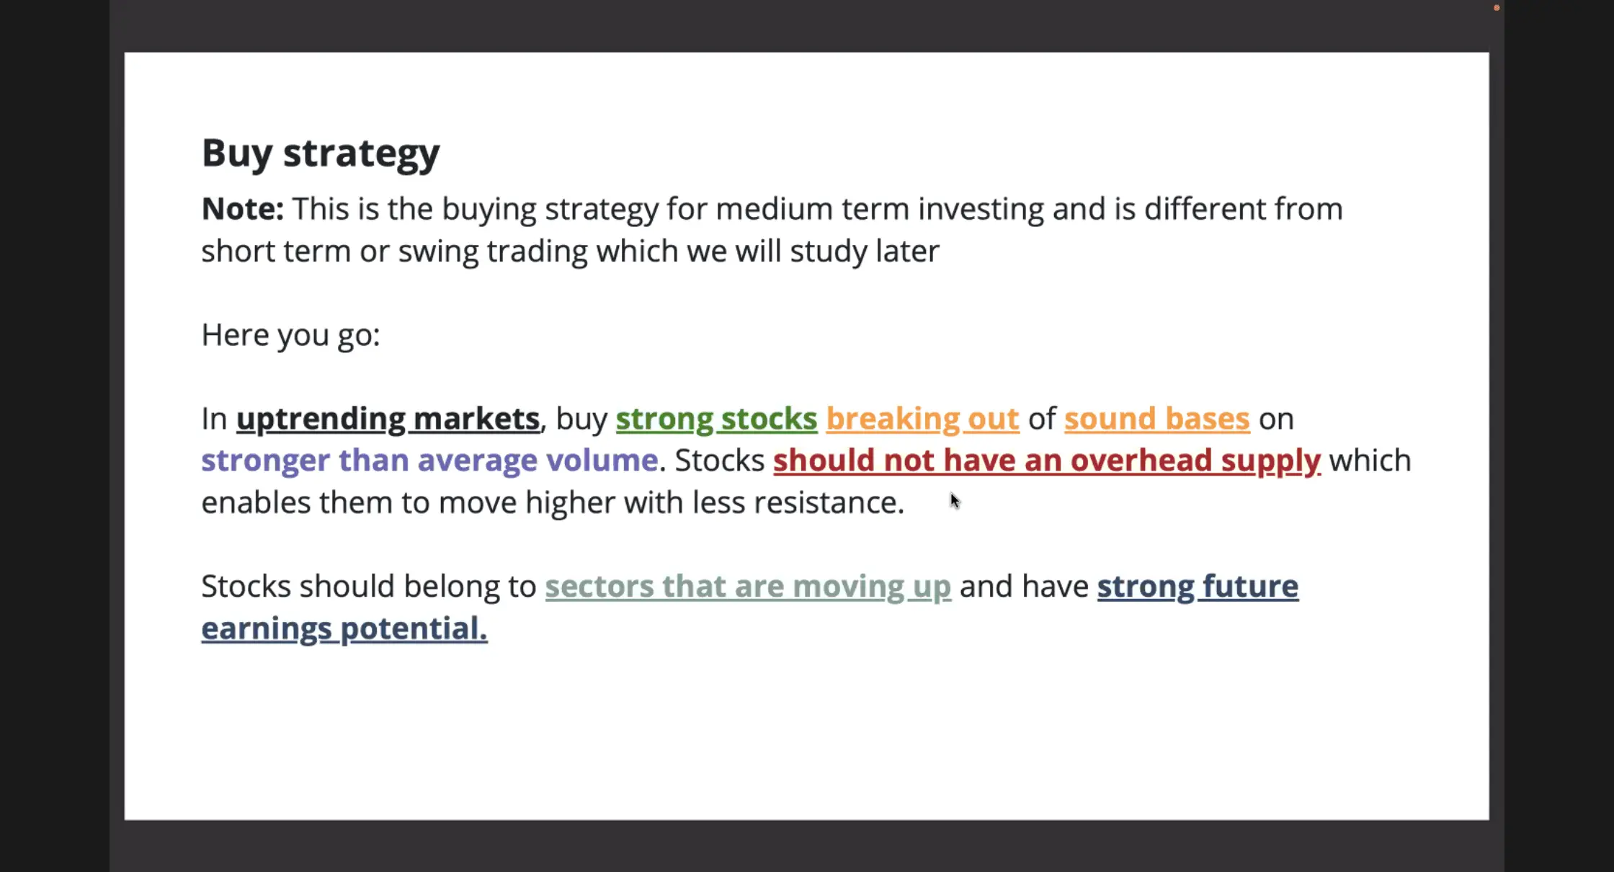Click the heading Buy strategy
click(x=321, y=154)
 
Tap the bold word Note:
click(x=243, y=209)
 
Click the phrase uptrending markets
click(x=388, y=419)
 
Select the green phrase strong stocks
click(x=717, y=419)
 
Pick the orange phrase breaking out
click(x=923, y=419)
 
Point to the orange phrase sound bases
click(x=1157, y=419)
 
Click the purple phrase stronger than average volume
click(x=429, y=461)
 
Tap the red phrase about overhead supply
click(x=1047, y=461)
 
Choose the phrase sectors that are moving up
click(x=748, y=587)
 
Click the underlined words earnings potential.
click(x=344, y=629)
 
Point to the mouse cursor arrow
click(x=955, y=501)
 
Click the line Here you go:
click(x=290, y=336)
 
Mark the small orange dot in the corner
click(x=1497, y=8)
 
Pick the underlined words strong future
click(x=1198, y=587)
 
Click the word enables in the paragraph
click(x=256, y=503)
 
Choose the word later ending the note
click(x=907, y=252)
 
